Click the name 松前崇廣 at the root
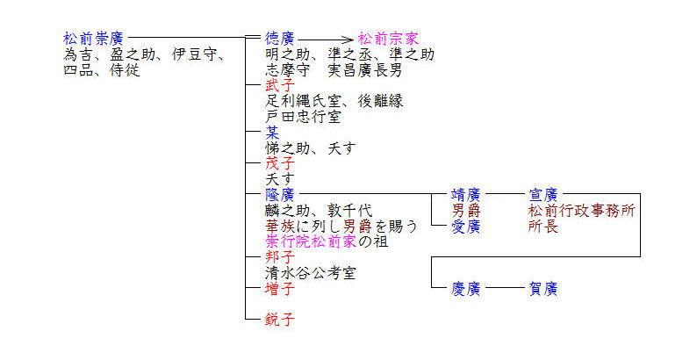pyautogui.click(x=93, y=40)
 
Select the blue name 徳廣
pyautogui.click(x=280, y=40)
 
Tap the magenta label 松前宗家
pyautogui.click(x=388, y=40)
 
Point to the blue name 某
pyautogui.click(x=273, y=133)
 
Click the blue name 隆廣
pyautogui.click(x=280, y=194)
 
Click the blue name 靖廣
pyautogui.click(x=465, y=194)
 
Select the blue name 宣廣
pyautogui.click(x=543, y=194)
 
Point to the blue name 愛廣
pyautogui.click(x=465, y=226)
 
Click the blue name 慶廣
pyautogui.click(x=465, y=289)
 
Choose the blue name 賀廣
pyautogui.click(x=543, y=289)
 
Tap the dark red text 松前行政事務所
pyautogui.click(x=581, y=211)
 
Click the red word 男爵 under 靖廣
pyautogui.click(x=465, y=211)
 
